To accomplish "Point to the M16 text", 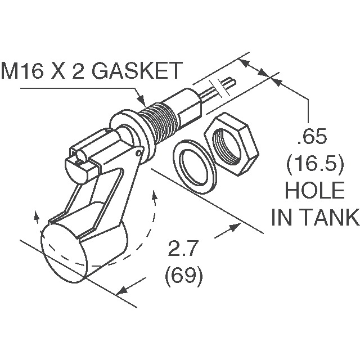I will click(x=25, y=72).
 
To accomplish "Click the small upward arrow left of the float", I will click(x=37, y=215).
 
